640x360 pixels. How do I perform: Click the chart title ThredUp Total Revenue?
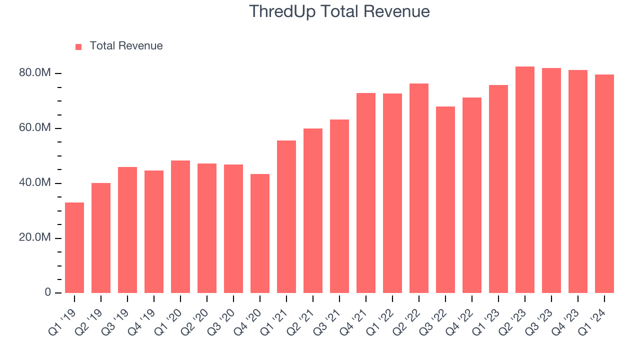click(x=339, y=11)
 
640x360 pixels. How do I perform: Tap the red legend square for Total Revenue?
click(x=78, y=47)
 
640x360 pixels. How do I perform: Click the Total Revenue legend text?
click(x=126, y=46)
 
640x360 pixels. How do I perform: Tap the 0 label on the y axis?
click(x=48, y=292)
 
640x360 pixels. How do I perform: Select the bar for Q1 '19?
click(x=74, y=247)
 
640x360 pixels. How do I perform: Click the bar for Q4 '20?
click(x=260, y=233)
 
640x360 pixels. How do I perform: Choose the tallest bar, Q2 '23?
click(x=525, y=180)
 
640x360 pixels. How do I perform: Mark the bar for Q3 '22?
click(x=445, y=200)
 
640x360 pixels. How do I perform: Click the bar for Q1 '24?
click(x=604, y=184)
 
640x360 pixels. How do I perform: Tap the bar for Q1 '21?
click(x=286, y=216)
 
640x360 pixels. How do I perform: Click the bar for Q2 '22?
click(x=419, y=188)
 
